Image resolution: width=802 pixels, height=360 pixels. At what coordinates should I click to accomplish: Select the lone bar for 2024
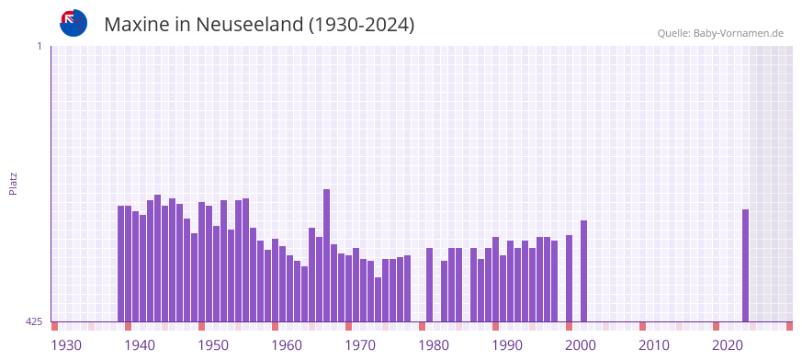(745, 265)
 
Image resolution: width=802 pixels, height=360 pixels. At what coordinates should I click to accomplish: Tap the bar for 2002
(583, 271)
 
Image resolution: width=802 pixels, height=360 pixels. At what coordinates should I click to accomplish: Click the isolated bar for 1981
(429, 285)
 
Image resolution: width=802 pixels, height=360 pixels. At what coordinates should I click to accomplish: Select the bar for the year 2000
(569, 278)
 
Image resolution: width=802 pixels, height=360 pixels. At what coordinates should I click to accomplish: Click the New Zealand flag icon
(73, 23)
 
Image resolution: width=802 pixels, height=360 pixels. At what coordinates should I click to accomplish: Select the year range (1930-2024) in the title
(362, 25)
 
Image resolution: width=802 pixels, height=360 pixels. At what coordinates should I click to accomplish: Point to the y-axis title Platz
(13, 183)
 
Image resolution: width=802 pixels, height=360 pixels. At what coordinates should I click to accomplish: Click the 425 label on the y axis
(34, 321)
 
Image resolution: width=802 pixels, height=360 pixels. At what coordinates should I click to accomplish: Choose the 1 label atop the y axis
(39, 46)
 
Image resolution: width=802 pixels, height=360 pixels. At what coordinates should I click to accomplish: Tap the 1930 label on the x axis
(66, 345)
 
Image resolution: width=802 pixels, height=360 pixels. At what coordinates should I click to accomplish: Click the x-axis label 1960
(287, 345)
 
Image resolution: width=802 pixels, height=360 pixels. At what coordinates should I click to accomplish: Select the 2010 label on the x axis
(654, 345)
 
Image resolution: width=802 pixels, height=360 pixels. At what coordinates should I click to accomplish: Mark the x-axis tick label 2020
(728, 345)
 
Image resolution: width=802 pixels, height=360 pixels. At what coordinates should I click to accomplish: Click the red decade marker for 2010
(642, 326)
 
